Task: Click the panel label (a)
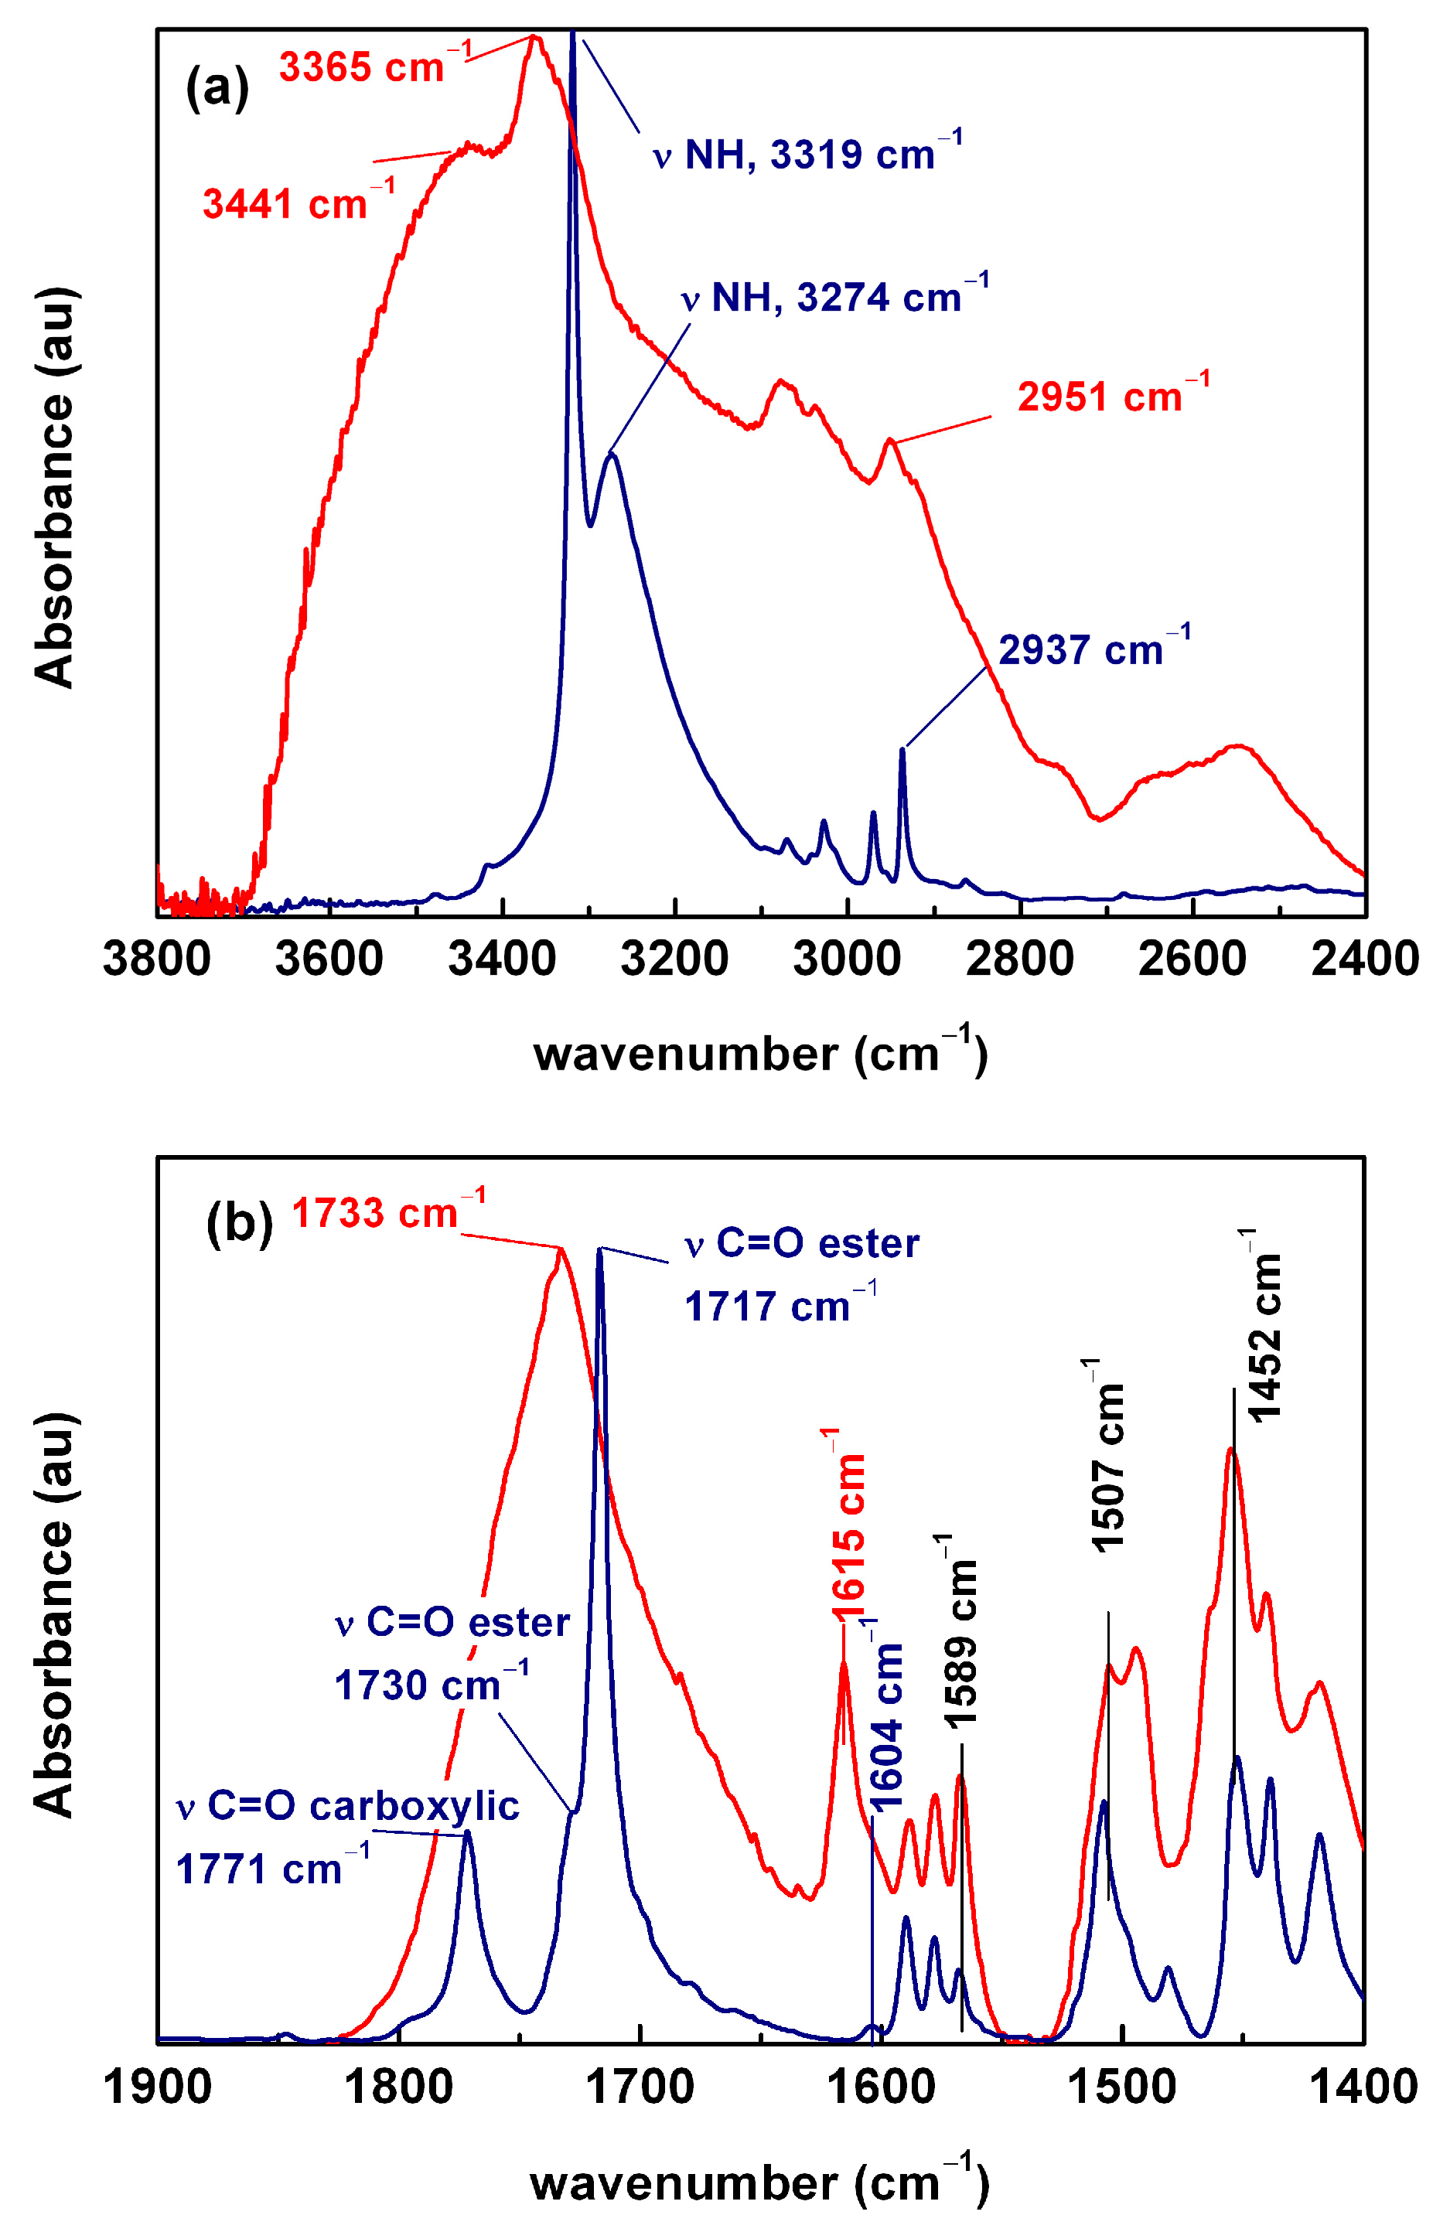[x=217, y=88]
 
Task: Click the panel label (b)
[x=239, y=1224]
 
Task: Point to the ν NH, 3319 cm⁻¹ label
[x=807, y=154]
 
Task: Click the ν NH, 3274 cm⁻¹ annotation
[x=834, y=296]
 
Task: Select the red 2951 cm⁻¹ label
[x=1112, y=395]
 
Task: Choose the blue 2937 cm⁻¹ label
[x=1093, y=648]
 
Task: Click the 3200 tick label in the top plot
[x=674, y=959]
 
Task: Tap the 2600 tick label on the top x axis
[x=1191, y=959]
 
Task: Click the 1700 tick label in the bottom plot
[x=640, y=2087]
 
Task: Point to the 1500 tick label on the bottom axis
[x=1122, y=2087]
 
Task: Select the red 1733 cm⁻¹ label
[x=387, y=1212]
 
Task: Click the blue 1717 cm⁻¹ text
[x=780, y=1307]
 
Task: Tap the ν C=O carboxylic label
[x=347, y=1805]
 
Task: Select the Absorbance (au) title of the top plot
[x=53, y=488]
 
